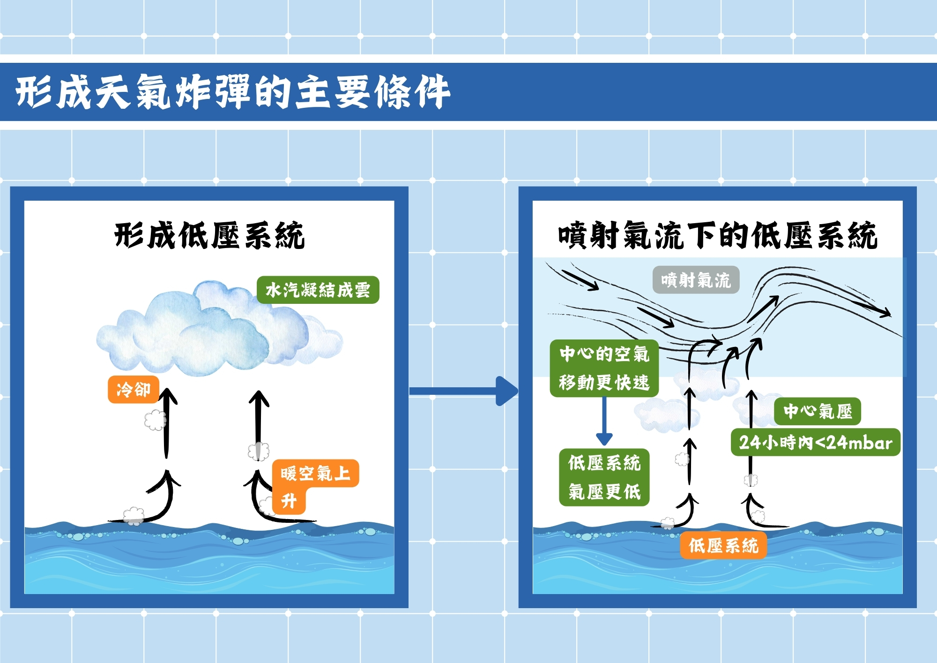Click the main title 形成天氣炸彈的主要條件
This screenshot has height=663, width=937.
click(233, 92)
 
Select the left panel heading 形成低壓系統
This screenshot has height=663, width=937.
click(209, 235)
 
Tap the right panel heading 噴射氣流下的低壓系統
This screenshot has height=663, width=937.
click(717, 235)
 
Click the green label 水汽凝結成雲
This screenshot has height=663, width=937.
click(318, 290)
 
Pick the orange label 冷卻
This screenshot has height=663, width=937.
click(134, 389)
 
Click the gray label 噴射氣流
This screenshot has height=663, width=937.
click(696, 280)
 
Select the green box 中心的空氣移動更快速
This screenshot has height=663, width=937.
click(604, 368)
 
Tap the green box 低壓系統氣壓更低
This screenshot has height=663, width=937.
click(604, 477)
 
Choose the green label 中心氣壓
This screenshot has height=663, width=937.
click(817, 411)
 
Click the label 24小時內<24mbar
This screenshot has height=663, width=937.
click(815, 442)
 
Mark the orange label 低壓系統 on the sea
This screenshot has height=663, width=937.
click(723, 545)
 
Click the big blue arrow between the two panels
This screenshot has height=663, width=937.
click(464, 391)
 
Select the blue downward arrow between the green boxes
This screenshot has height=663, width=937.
click(604, 421)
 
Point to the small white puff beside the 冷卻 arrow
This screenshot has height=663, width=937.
click(155, 420)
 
